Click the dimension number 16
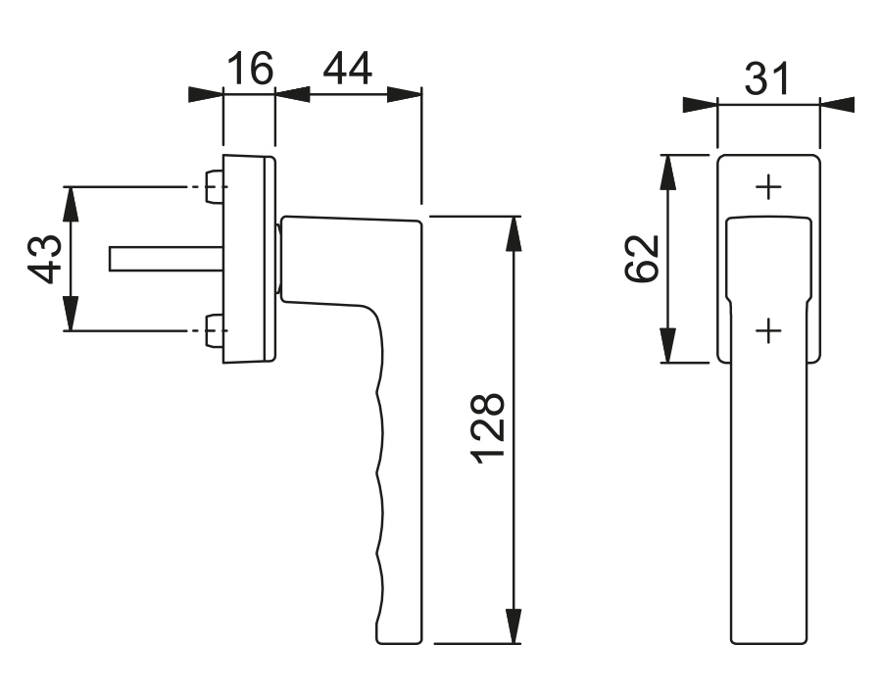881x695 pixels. pos(249,71)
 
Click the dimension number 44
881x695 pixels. pos(347,71)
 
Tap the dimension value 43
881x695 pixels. pos(47,258)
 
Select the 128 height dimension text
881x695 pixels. pos(487,428)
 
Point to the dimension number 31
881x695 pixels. pos(767,78)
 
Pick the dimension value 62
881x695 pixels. pos(643,258)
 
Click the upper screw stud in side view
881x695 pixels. pos(215,186)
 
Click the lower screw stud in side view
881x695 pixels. pos(215,329)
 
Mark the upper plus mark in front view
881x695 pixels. pos(769,186)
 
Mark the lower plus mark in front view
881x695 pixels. pos(769,331)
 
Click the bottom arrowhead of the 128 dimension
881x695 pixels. pos(512,626)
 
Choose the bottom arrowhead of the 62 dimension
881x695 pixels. pos(667,344)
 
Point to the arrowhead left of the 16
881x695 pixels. pos(206,94)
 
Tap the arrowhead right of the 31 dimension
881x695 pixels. pos(838,104)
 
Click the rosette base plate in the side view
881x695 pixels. pos(251,259)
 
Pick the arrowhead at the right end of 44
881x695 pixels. pos(404,94)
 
